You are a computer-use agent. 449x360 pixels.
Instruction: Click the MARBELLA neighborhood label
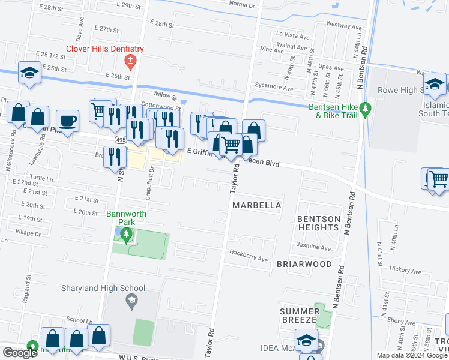pos(256,205)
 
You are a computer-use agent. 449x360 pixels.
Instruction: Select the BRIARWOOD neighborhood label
pos(304,264)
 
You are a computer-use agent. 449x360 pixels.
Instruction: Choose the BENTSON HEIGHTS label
pos(318,223)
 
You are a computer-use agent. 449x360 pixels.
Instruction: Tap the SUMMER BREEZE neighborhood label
pos(300,316)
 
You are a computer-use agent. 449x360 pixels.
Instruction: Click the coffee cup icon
pos(67,121)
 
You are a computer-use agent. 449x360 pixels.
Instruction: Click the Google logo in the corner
pos(20,352)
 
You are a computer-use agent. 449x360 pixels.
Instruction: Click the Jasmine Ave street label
pos(313,247)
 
